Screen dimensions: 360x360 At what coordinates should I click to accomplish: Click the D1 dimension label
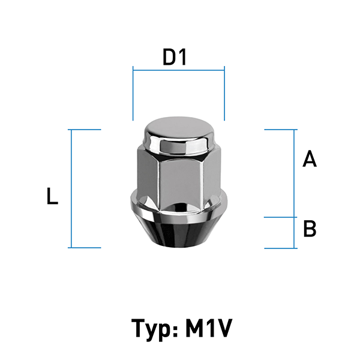pyautogui.click(x=175, y=57)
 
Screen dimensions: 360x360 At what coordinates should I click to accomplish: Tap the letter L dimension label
pyautogui.click(x=52, y=196)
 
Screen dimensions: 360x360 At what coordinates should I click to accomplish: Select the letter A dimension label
pyautogui.click(x=310, y=158)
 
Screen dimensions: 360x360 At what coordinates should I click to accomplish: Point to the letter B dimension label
pyautogui.click(x=310, y=229)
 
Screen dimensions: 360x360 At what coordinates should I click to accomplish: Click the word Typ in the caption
pyautogui.click(x=151, y=329)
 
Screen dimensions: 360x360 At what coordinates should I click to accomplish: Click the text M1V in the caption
pyautogui.click(x=208, y=328)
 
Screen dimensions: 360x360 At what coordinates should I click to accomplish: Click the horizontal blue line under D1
pyautogui.click(x=179, y=70)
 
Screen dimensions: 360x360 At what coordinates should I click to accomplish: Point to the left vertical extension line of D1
pyautogui.click(x=133, y=93)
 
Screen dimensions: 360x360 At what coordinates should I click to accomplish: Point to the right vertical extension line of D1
pyautogui.click(x=224, y=93)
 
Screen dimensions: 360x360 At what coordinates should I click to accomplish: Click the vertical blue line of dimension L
pyautogui.click(x=71, y=189)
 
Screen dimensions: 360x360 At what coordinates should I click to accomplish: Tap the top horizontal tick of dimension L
pyautogui.click(x=85, y=130)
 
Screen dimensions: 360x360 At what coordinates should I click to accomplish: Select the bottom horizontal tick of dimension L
pyautogui.click(x=85, y=248)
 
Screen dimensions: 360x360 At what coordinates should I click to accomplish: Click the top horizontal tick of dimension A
pyautogui.click(x=281, y=130)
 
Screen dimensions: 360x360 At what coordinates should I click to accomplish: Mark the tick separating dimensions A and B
pyautogui.click(x=281, y=217)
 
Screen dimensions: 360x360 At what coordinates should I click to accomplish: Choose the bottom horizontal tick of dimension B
pyautogui.click(x=281, y=248)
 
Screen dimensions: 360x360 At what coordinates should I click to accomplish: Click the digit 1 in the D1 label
pyautogui.click(x=182, y=57)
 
